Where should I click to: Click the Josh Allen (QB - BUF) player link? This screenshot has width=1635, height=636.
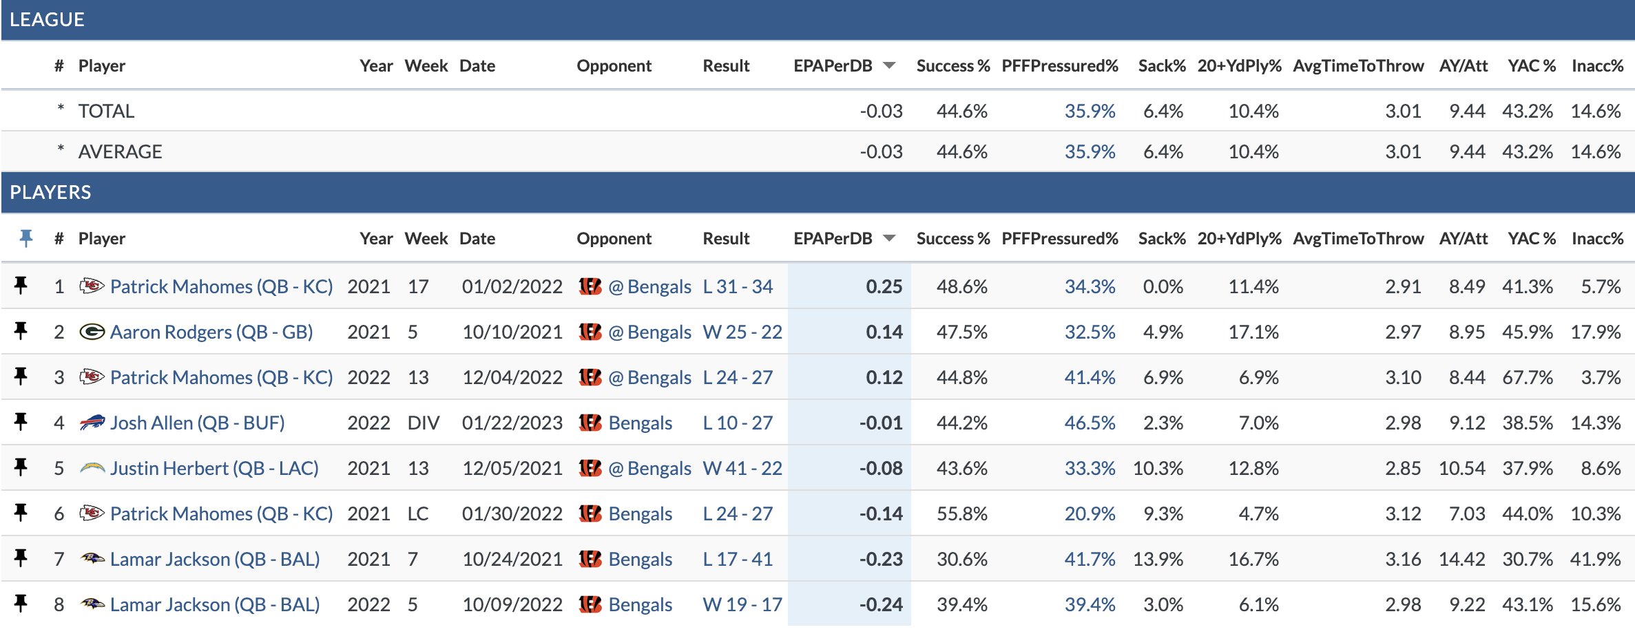point(197,423)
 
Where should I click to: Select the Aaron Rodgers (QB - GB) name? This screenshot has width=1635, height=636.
point(211,332)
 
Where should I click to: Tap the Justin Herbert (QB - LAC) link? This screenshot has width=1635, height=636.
point(214,468)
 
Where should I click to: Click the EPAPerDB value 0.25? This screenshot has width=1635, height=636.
point(884,286)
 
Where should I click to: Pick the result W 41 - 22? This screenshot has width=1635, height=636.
point(742,468)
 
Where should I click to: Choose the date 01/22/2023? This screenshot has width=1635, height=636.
point(512,423)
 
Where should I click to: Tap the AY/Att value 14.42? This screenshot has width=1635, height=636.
point(1461,559)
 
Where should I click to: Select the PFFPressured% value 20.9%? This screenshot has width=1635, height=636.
point(1090,513)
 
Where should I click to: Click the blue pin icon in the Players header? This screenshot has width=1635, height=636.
point(26,238)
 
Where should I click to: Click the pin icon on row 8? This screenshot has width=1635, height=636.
point(21,604)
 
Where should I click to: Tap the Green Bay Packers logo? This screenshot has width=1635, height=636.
point(92,332)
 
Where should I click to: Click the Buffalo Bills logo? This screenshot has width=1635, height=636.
point(92,423)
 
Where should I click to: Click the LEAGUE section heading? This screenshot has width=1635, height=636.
point(47,19)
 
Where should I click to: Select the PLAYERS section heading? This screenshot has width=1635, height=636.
point(50,192)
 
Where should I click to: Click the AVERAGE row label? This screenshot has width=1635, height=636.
point(120,151)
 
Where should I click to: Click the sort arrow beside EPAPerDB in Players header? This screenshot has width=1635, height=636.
point(889,238)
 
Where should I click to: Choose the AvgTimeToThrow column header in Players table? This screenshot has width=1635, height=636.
point(1357,238)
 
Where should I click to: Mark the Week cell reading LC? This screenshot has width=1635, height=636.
point(417,513)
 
